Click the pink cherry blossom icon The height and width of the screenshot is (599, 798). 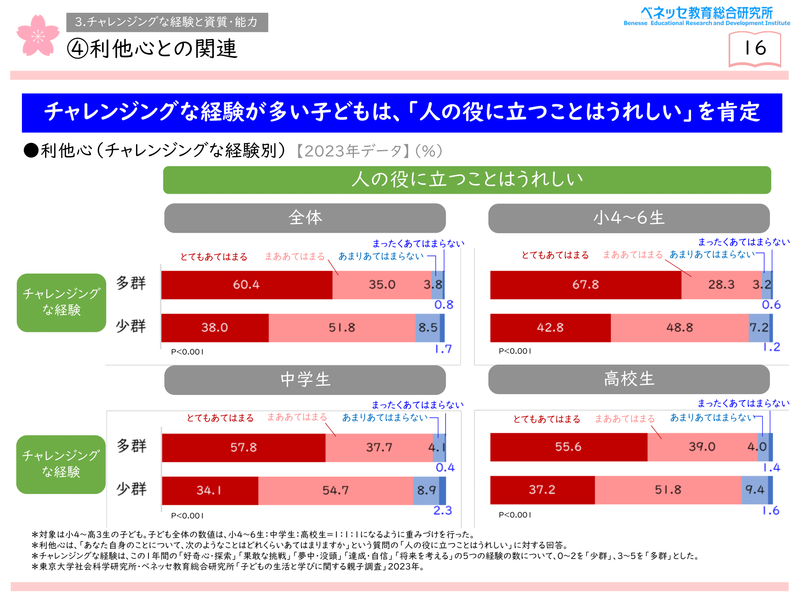pyautogui.click(x=38, y=36)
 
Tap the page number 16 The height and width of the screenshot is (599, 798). pyautogui.click(x=755, y=49)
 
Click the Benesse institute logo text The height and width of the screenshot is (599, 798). pyautogui.click(x=707, y=16)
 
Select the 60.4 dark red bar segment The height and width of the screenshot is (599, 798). pyautogui.click(x=247, y=285)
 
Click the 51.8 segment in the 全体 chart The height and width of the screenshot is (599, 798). pyautogui.click(x=342, y=328)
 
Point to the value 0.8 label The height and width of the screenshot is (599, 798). pyautogui.click(x=444, y=305)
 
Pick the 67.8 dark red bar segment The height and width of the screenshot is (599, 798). pyautogui.click(x=585, y=285)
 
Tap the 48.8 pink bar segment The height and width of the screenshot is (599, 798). pyautogui.click(x=679, y=328)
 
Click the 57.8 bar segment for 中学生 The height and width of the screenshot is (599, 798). pyautogui.click(x=243, y=448)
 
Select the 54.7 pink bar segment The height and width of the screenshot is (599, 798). pyautogui.click(x=336, y=490)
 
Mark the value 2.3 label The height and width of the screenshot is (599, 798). pyautogui.click(x=442, y=511)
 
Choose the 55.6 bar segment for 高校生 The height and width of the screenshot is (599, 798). pyautogui.click(x=568, y=447)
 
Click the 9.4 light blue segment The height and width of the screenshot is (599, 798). pyautogui.click(x=755, y=490)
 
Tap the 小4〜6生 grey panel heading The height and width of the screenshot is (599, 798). pyautogui.click(x=629, y=218)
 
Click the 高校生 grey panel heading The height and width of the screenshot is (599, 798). pyautogui.click(x=629, y=379)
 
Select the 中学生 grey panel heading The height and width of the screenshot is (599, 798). pyautogui.click(x=305, y=380)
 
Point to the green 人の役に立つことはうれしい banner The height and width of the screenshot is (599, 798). pyautogui.click(x=467, y=180)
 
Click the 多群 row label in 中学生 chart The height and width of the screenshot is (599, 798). pyautogui.click(x=132, y=446)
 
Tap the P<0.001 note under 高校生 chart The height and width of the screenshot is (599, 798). pyautogui.click(x=515, y=515)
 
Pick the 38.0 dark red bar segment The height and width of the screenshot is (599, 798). pyautogui.click(x=215, y=328)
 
